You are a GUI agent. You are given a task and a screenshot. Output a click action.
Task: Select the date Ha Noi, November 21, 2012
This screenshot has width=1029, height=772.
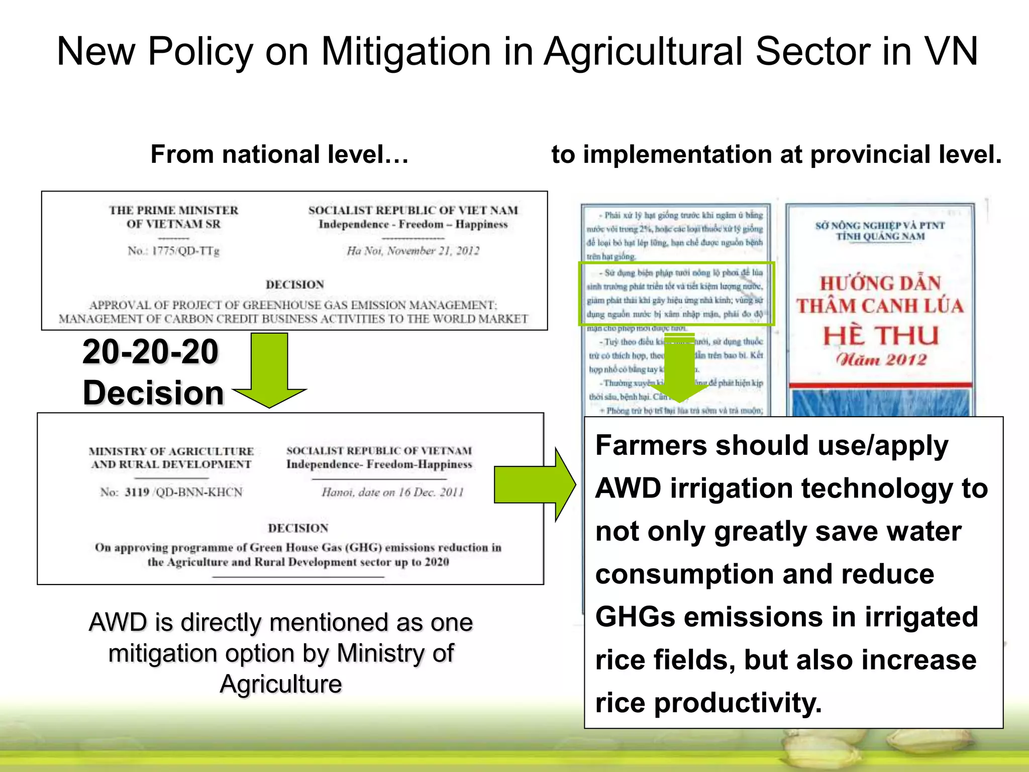coord(413,250)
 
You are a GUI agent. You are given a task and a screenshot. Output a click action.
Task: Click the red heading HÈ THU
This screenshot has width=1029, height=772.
coord(881,336)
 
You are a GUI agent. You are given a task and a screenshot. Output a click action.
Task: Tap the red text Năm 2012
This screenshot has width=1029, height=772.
coord(881,359)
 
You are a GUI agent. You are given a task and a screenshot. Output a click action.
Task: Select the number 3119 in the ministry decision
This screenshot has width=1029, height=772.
coord(137,492)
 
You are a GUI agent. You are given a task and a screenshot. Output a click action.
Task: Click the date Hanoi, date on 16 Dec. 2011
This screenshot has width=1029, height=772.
coord(392,492)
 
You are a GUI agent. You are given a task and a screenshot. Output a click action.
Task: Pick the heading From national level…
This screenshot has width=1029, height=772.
coord(279,154)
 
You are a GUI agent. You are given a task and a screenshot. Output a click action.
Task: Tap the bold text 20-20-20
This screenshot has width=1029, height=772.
coord(150,351)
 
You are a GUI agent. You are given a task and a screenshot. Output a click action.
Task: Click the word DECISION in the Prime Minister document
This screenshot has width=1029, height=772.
coord(295,284)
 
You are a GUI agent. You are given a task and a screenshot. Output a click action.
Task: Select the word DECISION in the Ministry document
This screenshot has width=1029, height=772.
coord(298,528)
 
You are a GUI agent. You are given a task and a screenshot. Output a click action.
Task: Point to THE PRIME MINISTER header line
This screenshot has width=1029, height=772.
coord(174,210)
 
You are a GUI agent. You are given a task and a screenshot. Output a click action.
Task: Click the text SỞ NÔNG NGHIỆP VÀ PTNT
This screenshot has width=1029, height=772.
coord(880,225)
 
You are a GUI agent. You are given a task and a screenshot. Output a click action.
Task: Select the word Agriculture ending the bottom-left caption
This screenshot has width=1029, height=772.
coord(281,684)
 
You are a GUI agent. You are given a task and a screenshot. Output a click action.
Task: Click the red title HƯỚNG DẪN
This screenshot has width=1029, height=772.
coord(880,283)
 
